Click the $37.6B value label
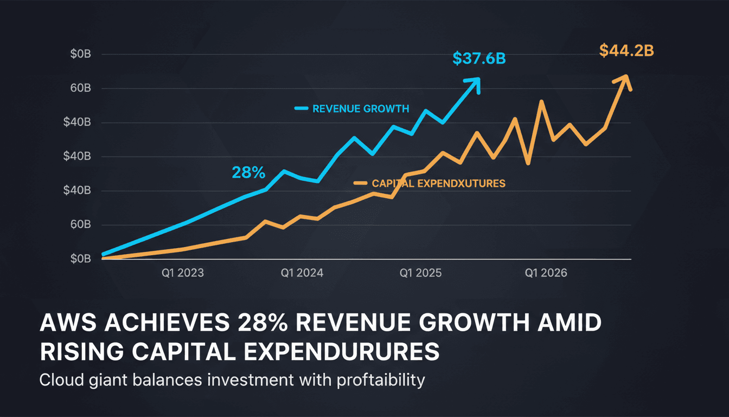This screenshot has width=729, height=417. click(478, 59)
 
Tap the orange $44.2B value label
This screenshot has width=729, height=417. click(626, 50)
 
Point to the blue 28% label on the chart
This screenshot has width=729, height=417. click(248, 173)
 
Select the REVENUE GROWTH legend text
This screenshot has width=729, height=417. click(361, 109)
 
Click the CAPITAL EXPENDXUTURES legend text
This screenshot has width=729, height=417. click(438, 184)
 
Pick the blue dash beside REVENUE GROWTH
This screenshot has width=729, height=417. click(301, 109)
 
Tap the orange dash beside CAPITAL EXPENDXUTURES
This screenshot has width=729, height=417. click(361, 184)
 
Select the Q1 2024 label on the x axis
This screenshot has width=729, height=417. click(302, 273)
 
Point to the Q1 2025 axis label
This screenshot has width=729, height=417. click(420, 273)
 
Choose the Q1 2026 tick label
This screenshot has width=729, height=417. click(546, 273)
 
